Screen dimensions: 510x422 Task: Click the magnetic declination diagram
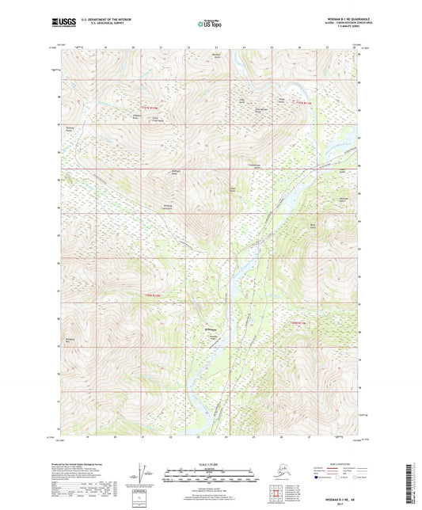tap(143, 478)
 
